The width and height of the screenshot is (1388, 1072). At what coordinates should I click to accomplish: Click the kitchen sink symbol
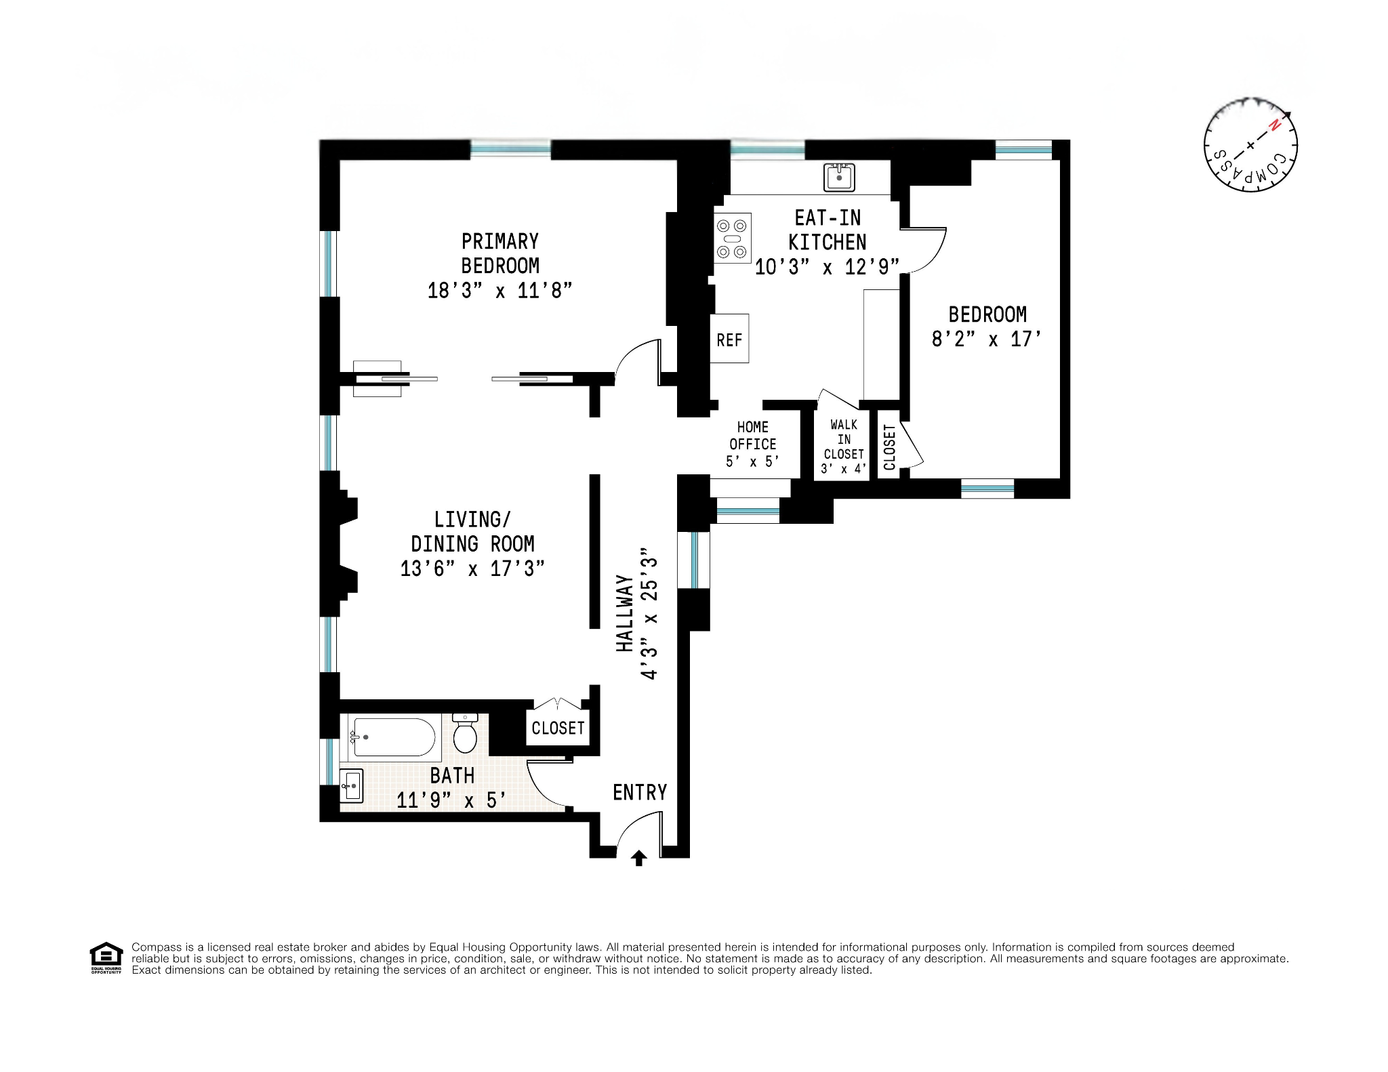pyautogui.click(x=839, y=178)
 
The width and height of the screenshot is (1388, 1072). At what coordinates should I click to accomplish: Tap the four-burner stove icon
pyautogui.click(x=733, y=239)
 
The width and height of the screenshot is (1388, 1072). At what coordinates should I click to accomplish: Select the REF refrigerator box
pyautogui.click(x=729, y=339)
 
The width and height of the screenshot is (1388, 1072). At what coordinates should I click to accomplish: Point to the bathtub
pyautogui.click(x=393, y=737)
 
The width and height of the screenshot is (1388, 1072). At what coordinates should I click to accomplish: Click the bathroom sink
pyautogui.click(x=352, y=786)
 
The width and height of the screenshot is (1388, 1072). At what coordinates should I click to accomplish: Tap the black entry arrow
pyautogui.click(x=638, y=859)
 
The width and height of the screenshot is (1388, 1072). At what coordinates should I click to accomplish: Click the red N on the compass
pyautogui.click(x=1275, y=125)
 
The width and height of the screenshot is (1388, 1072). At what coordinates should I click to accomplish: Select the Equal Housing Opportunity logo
pyautogui.click(x=106, y=957)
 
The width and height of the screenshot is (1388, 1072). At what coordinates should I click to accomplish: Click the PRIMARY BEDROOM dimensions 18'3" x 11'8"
pyautogui.click(x=499, y=291)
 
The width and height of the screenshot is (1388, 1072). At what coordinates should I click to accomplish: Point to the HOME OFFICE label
pyautogui.click(x=752, y=436)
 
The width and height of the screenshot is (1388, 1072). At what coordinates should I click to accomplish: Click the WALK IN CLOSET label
pyautogui.click(x=844, y=440)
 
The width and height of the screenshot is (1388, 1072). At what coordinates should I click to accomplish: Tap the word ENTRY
pyautogui.click(x=640, y=792)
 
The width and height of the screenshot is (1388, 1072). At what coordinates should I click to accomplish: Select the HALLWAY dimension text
pyautogui.click(x=649, y=613)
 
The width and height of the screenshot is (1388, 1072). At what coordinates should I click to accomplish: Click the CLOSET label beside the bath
pyautogui.click(x=558, y=728)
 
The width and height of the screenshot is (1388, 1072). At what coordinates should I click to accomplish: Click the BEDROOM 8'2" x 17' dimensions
pyautogui.click(x=986, y=339)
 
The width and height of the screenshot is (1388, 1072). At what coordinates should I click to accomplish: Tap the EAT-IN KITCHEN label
pyautogui.click(x=828, y=230)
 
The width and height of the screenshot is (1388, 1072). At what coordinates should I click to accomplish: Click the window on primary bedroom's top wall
pyautogui.click(x=510, y=149)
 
